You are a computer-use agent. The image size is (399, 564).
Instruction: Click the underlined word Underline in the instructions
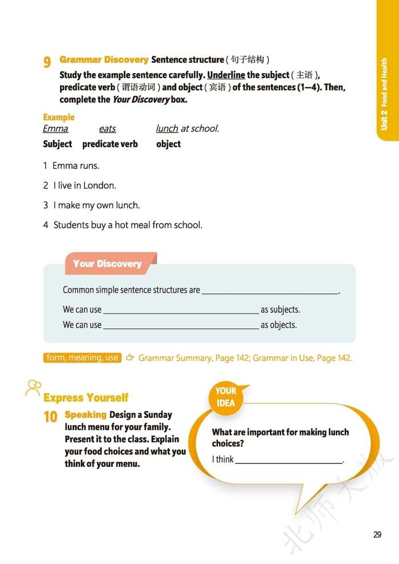226,75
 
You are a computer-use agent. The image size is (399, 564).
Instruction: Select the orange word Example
59,117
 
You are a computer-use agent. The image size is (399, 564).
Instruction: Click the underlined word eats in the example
107,129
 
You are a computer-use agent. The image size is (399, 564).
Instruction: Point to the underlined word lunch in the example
167,129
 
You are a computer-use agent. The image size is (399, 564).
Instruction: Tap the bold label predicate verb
110,144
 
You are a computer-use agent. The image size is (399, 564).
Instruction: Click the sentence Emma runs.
75,166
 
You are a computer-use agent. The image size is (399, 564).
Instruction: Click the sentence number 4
46,225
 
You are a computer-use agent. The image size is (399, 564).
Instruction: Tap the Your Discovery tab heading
107,264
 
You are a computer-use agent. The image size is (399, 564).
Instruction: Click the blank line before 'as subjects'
180,312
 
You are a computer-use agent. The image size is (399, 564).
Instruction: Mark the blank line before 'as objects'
180,327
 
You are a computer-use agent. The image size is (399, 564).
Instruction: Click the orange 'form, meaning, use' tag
82,358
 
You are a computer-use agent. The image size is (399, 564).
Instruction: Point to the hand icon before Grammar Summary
130,358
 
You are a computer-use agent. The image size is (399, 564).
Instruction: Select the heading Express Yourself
86,398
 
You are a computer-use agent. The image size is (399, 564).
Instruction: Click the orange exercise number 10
51,417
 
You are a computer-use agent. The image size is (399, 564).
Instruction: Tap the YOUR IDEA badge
225,397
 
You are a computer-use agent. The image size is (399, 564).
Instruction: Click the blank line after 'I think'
289,461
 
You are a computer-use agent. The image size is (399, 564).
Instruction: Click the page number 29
377,534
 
